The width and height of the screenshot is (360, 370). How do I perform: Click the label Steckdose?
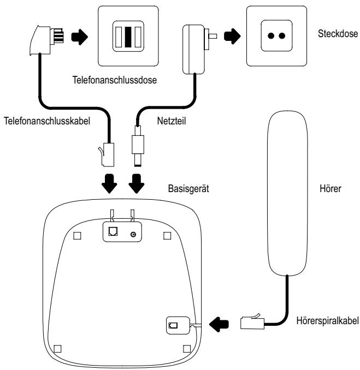337,34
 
